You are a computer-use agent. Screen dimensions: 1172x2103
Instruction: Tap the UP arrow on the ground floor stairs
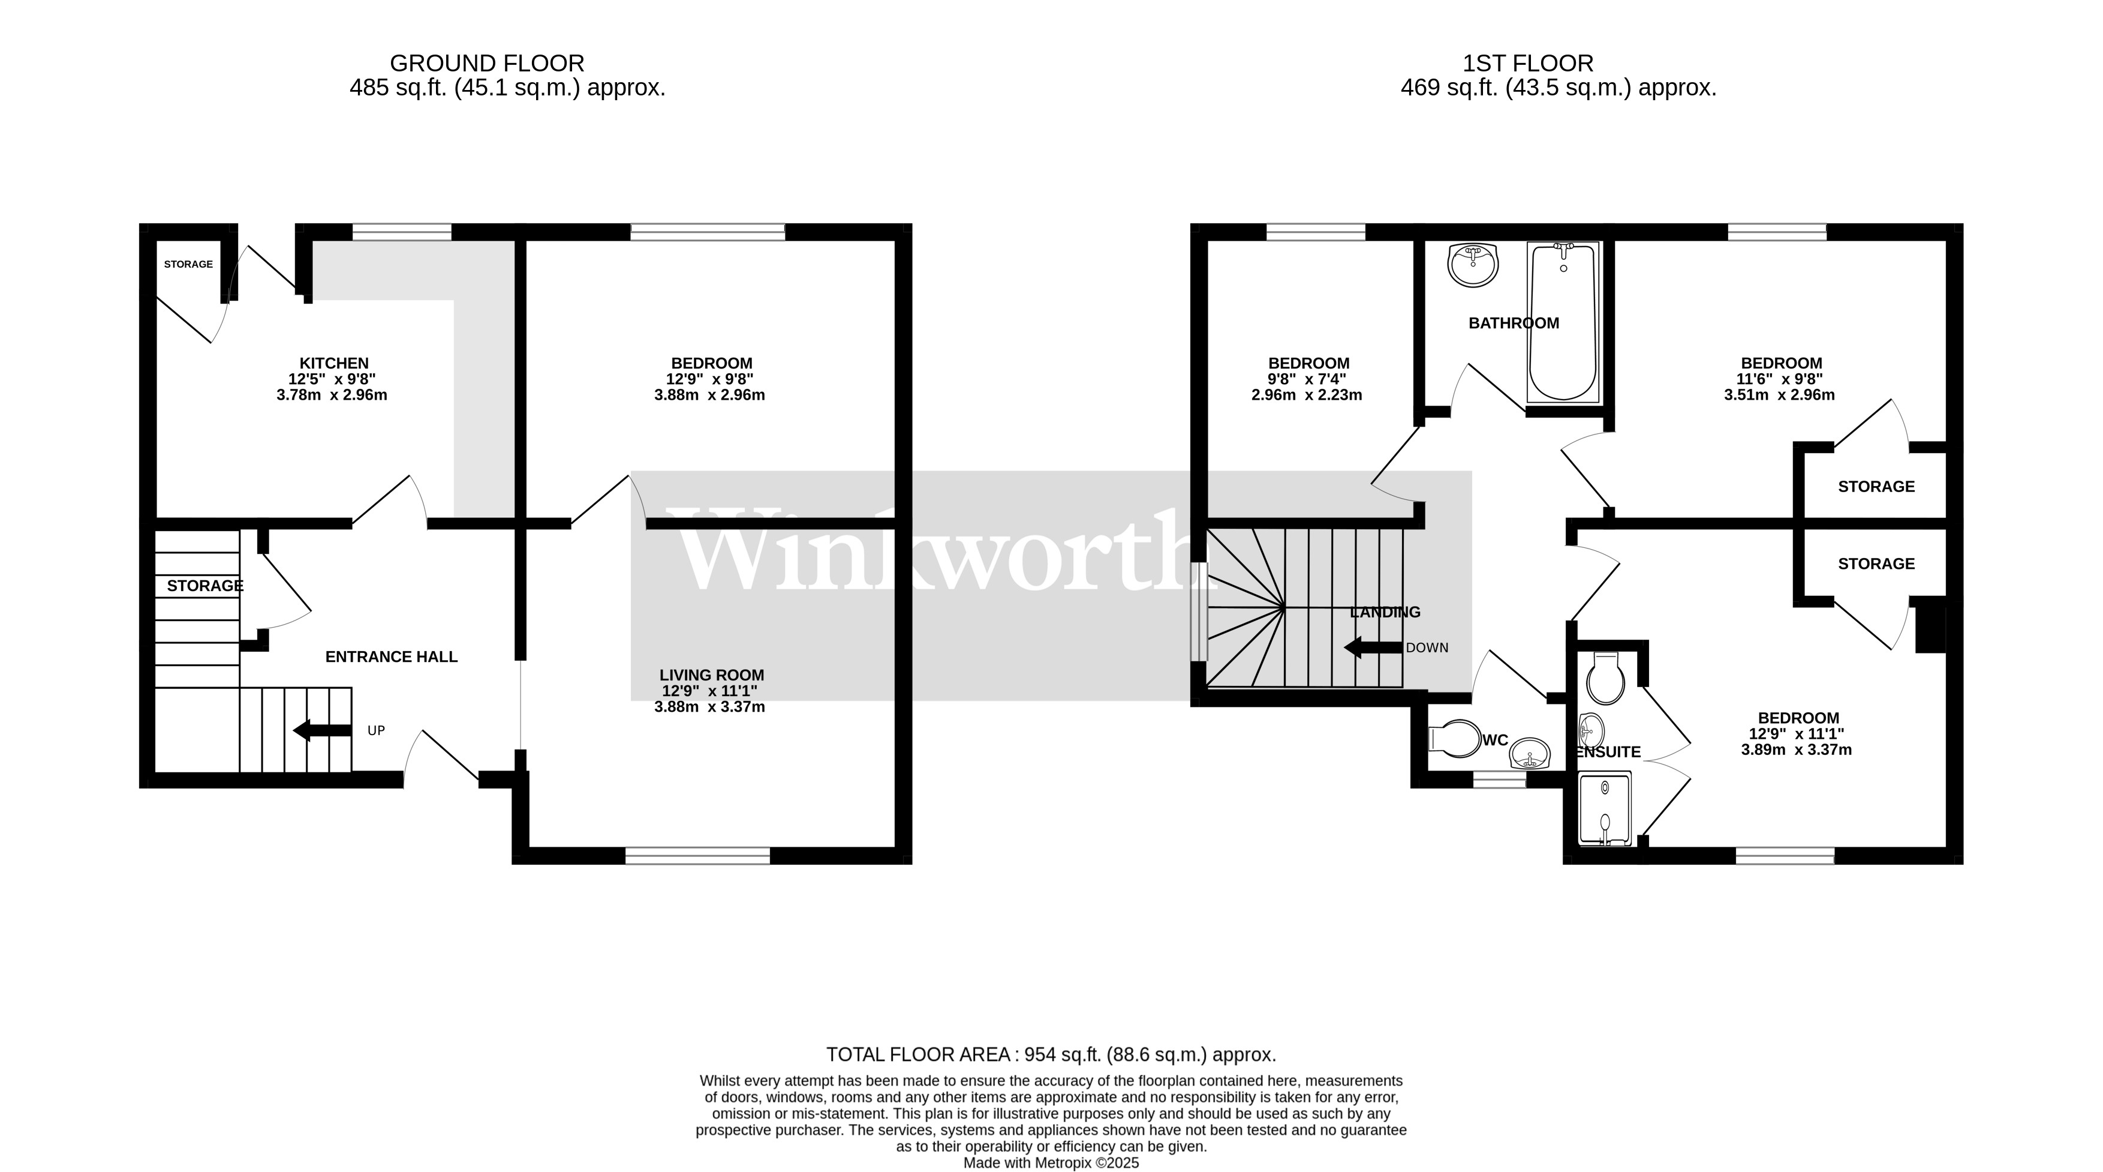pos(321,730)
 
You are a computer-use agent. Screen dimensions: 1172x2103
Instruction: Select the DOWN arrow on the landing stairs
pos(1373,648)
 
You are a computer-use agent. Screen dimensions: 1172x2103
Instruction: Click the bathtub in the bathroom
pos(1562,323)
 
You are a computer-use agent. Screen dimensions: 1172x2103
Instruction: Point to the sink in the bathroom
pos(1473,265)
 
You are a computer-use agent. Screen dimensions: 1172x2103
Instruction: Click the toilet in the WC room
pos(1455,739)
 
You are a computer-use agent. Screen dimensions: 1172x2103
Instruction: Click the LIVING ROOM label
pos(711,676)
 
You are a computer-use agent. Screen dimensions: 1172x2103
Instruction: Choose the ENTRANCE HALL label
pos(391,657)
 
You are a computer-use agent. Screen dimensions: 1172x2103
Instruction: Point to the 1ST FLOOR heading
pos(1527,63)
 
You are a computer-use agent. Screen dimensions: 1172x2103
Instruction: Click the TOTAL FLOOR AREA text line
pos(1051,1054)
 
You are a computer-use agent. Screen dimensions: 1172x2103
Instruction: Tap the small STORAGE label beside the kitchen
pos(188,265)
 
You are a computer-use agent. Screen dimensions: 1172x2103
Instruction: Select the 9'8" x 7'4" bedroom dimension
pos(1307,380)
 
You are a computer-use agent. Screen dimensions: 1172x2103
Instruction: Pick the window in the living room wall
pos(697,855)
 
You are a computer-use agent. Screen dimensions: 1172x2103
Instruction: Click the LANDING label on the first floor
pos(1385,613)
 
